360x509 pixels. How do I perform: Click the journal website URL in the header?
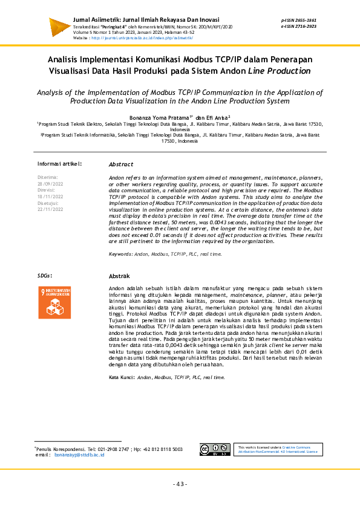click(142, 37)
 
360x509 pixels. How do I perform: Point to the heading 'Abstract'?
click(121, 164)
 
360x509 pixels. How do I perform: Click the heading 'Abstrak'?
click(120, 276)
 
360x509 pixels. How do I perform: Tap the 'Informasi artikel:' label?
click(59, 164)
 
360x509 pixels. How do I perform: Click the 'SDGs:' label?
click(45, 276)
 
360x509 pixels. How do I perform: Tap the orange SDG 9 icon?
click(54, 302)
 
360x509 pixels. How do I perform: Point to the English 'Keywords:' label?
click(120, 254)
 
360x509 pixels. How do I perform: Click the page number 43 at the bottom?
click(180, 484)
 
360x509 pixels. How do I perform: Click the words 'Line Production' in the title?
click(280, 71)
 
